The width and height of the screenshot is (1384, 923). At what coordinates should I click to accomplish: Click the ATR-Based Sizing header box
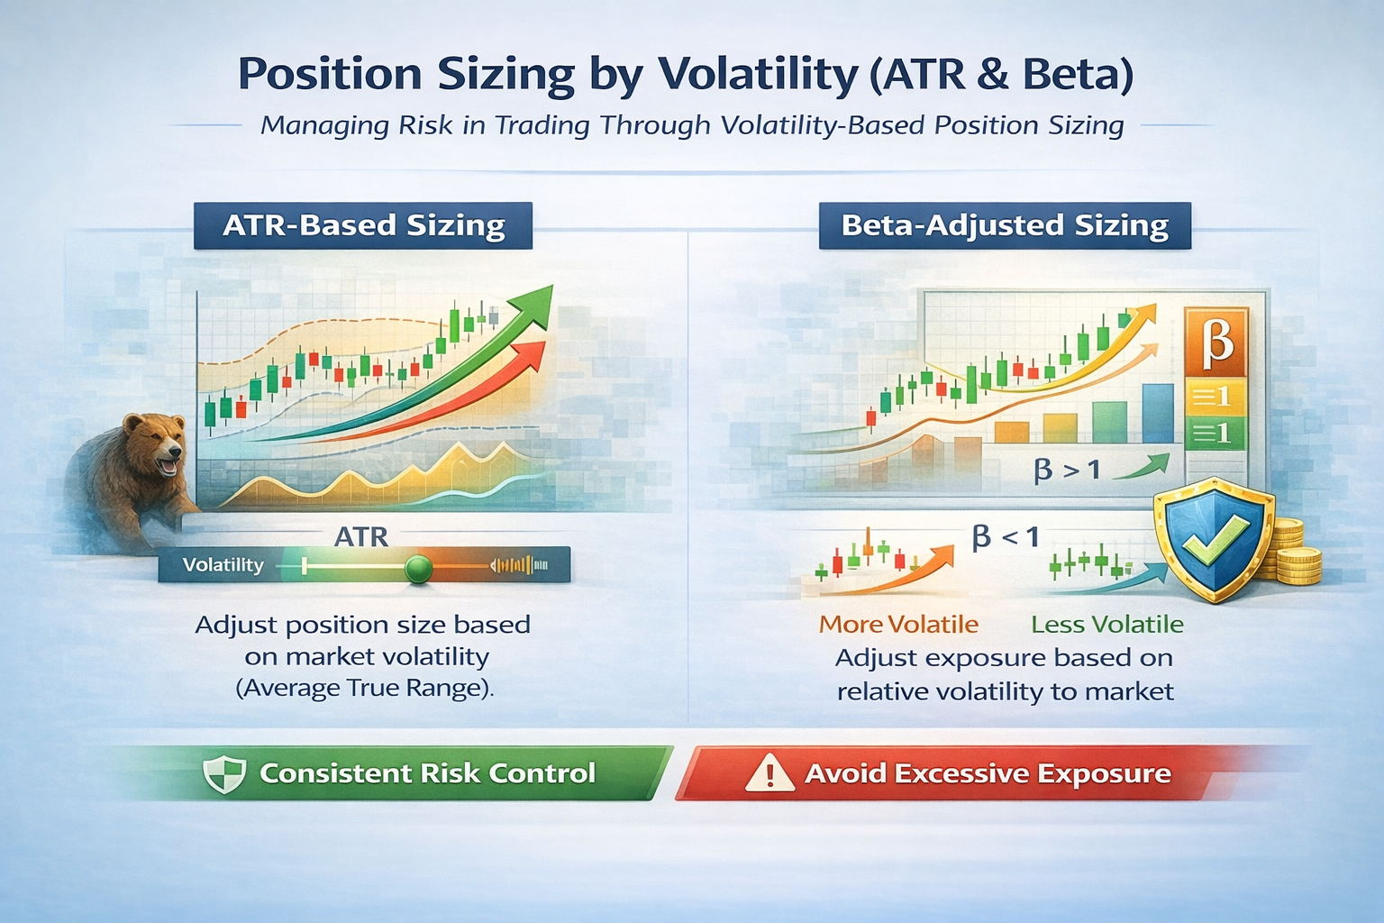[x=363, y=225]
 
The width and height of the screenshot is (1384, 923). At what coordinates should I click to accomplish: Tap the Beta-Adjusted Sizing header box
[x=1005, y=225]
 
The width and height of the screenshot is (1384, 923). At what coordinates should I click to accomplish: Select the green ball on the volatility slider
[x=418, y=568]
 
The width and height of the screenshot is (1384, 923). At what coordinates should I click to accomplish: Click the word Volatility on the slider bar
[x=223, y=565]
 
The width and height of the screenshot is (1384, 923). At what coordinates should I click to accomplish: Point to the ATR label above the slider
[x=361, y=537]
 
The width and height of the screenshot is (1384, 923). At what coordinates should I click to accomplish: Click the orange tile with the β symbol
[x=1216, y=342]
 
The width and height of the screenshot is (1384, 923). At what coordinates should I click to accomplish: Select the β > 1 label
[x=1067, y=470]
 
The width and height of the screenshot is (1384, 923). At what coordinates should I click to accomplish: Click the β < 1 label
[x=1006, y=538]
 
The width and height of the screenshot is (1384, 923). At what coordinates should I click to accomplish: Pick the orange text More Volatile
[x=898, y=624]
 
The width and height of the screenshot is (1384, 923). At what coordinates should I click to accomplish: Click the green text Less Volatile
[x=1106, y=624]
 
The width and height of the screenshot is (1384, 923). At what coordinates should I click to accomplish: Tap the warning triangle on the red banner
[x=769, y=773]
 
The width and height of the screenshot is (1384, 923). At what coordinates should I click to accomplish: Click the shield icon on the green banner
[x=224, y=773]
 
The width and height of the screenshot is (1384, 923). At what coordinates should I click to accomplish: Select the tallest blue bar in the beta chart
[x=1158, y=413]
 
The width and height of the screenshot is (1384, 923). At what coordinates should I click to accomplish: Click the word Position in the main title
[x=330, y=74]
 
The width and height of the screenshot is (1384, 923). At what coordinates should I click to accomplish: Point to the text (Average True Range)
[x=365, y=689]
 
